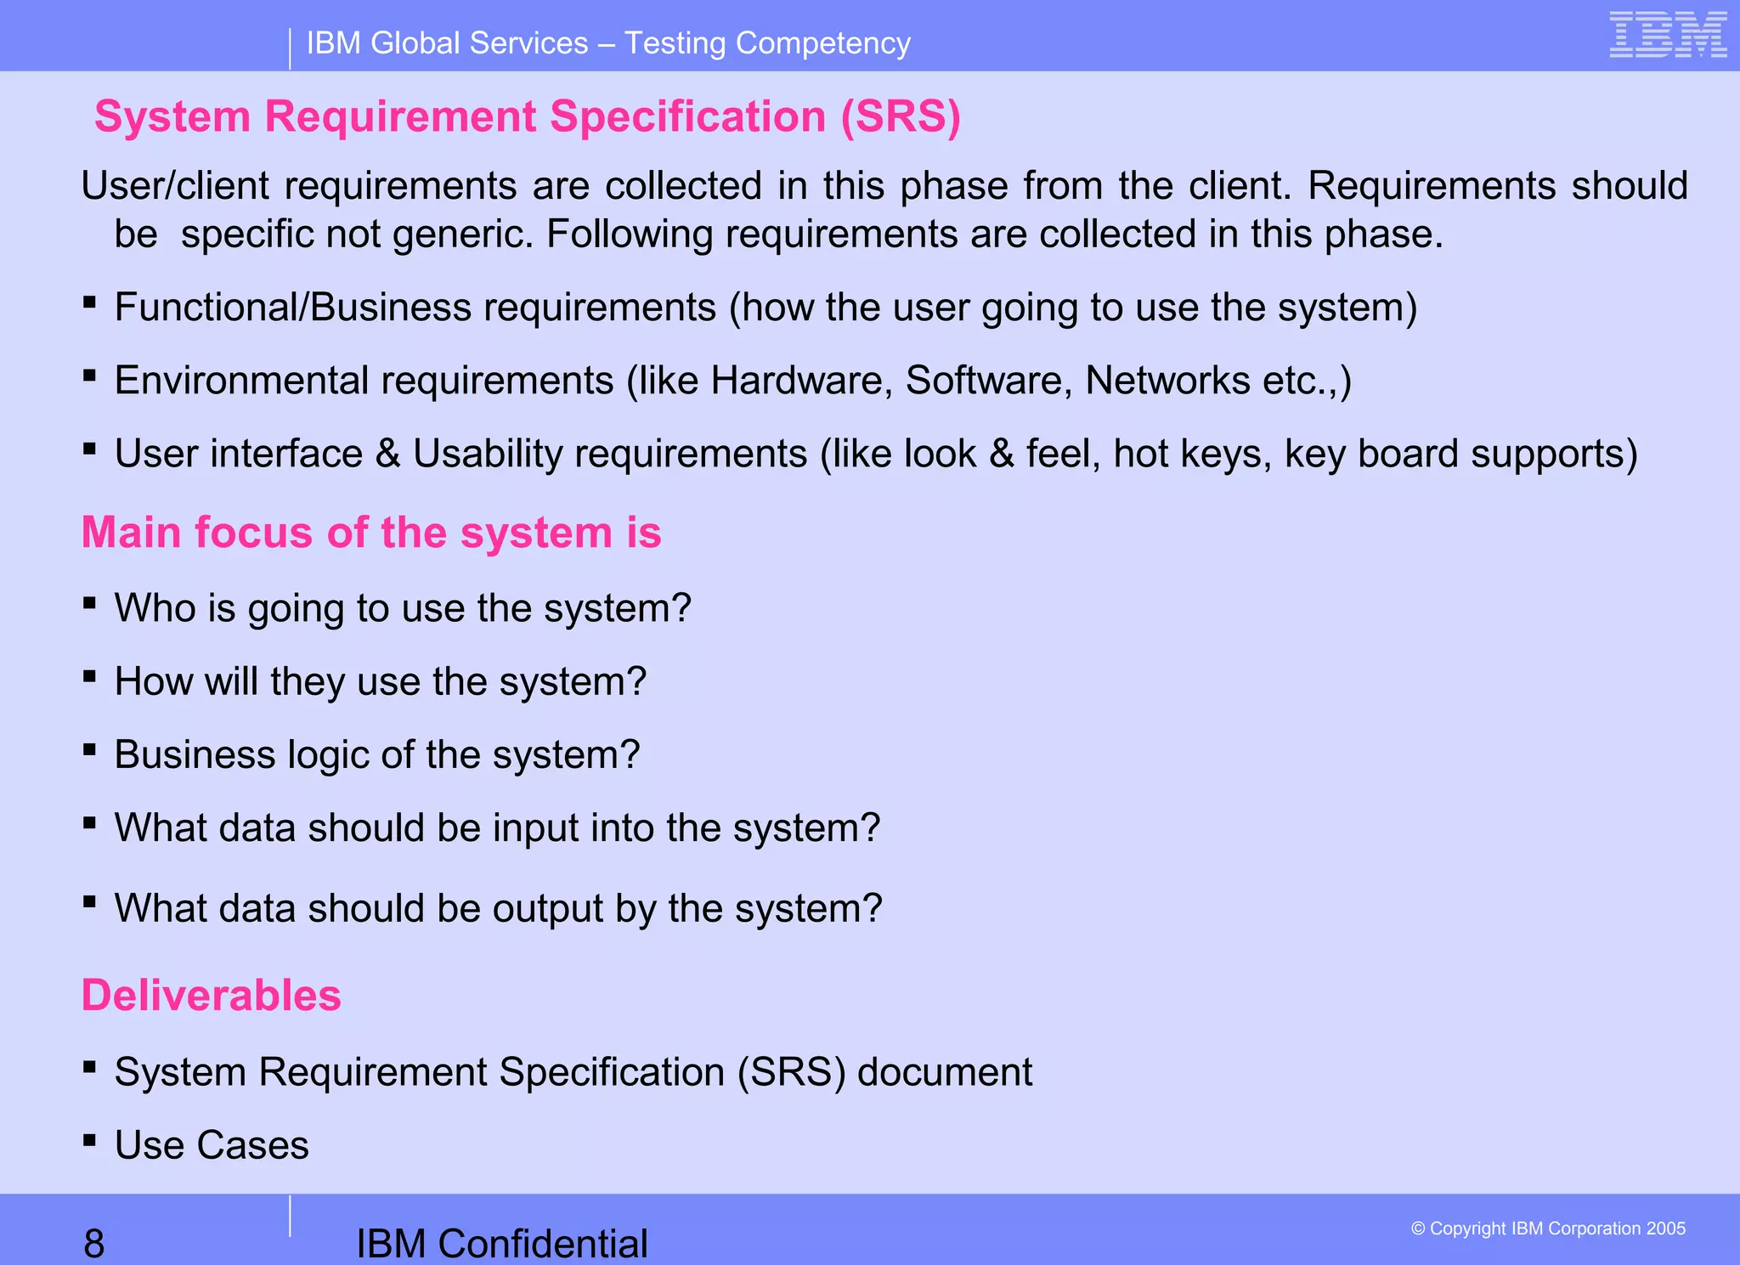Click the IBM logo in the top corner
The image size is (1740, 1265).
[x=1668, y=35]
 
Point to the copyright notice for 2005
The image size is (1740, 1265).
[x=1548, y=1228]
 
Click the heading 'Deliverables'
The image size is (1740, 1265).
[x=211, y=995]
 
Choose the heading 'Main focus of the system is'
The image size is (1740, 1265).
[x=370, y=533]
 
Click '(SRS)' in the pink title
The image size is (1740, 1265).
[x=901, y=116]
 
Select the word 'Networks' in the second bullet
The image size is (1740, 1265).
[x=1167, y=381]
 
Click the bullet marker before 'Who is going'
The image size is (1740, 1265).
[x=89, y=603]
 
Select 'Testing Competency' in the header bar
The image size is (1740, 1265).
[x=767, y=43]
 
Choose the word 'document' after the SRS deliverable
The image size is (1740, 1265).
[x=945, y=1072]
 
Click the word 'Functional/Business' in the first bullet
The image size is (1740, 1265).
[x=292, y=308]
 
